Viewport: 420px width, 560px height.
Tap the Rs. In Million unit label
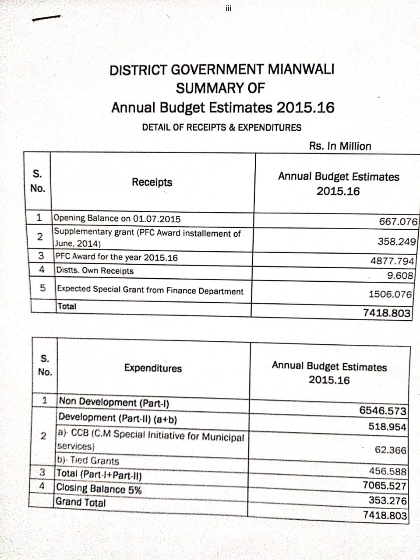[x=340, y=146]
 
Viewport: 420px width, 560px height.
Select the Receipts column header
[x=152, y=182]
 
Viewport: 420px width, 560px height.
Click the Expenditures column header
[x=153, y=368]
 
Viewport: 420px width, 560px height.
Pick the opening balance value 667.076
[x=398, y=221]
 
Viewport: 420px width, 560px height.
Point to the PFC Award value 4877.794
[x=392, y=261]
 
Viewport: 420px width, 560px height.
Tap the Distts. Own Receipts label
[x=95, y=271]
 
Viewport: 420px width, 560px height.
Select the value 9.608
[x=400, y=276]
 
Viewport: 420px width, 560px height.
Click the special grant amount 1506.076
[x=390, y=294]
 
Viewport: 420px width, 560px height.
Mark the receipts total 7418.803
[x=387, y=313]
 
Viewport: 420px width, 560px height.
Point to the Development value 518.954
[x=387, y=427]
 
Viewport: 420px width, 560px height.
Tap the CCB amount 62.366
[x=391, y=450]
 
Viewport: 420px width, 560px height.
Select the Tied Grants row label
[x=88, y=461]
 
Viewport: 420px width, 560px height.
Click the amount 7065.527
[x=385, y=486]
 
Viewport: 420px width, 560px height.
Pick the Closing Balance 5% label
[x=99, y=489]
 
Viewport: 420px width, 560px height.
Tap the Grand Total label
[x=81, y=502]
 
